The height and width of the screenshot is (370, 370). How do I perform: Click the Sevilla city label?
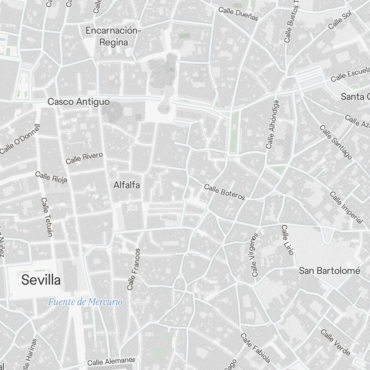pos(41,280)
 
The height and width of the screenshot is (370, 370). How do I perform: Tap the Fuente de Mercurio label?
pos(85,302)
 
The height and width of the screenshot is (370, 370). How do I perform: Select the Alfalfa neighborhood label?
pos(127,185)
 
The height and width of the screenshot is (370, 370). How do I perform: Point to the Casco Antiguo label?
pos(78,101)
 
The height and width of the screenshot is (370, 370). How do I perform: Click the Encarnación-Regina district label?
pos(114,36)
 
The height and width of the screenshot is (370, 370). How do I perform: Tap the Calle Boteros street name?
pos(225,192)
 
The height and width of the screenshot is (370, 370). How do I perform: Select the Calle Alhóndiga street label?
pos(272,124)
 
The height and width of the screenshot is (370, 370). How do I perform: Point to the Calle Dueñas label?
pos(238,14)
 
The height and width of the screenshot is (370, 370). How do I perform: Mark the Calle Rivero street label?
pos(84,158)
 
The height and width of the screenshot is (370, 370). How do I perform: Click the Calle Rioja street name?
pos(51,177)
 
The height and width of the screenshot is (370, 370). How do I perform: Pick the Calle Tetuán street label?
pos(47,217)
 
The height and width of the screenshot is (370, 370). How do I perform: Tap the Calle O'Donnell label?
pos(20,139)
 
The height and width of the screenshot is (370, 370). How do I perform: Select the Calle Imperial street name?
pos(346,208)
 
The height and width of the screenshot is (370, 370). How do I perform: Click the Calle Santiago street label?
pos(336,142)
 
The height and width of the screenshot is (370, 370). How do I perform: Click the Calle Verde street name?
pos(335,342)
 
